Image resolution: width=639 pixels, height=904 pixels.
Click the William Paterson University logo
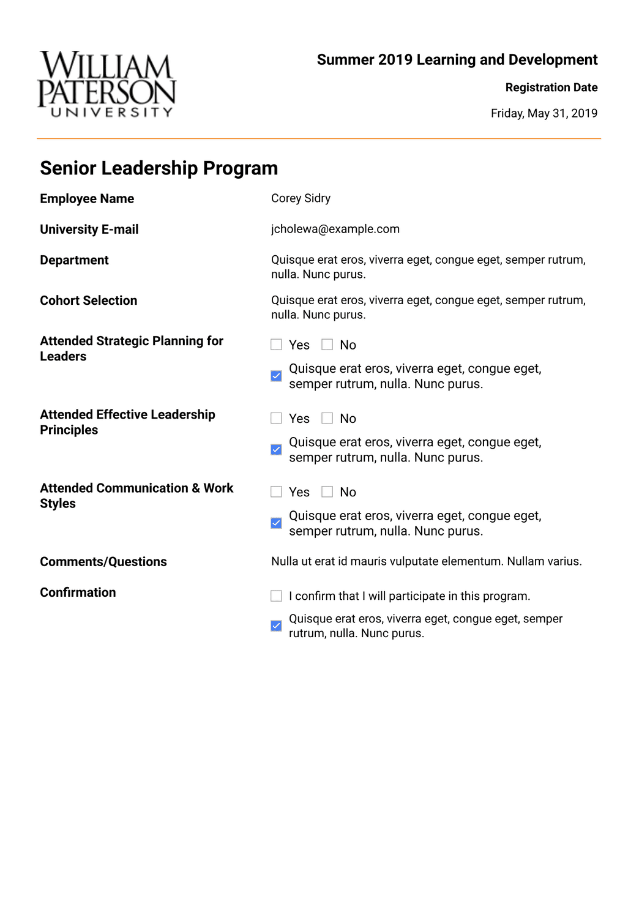pos(106,84)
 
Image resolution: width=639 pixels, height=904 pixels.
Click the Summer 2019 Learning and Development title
pos(457,60)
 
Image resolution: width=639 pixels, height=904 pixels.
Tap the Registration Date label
pos(551,88)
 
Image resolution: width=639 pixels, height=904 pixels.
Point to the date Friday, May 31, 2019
pos(544,113)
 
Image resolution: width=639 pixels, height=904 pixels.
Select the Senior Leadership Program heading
pos(159,168)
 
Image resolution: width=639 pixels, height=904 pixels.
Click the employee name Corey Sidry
pos(301,198)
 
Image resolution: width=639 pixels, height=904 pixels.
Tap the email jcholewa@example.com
pos(335,229)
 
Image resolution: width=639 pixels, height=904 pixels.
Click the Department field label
pos(74,260)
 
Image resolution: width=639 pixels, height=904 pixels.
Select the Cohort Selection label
pos(88,301)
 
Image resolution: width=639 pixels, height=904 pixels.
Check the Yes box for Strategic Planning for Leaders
pos(277,345)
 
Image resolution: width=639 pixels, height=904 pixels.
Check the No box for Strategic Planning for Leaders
pos(327,345)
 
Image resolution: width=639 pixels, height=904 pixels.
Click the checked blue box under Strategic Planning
pos(277,376)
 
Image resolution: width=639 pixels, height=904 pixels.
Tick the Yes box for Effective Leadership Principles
pos(277,418)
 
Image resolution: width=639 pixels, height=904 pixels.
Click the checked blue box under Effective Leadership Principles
pos(277,449)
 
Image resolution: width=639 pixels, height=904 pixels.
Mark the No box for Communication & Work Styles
pos(327,491)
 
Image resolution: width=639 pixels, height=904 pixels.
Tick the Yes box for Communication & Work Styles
pos(277,491)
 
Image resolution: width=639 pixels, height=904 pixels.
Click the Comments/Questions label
pos(103,562)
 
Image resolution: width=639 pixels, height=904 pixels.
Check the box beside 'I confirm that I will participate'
pos(277,596)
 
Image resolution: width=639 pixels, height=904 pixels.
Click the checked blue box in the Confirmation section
pos(277,626)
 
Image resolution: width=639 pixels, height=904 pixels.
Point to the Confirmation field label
pos(78,592)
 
